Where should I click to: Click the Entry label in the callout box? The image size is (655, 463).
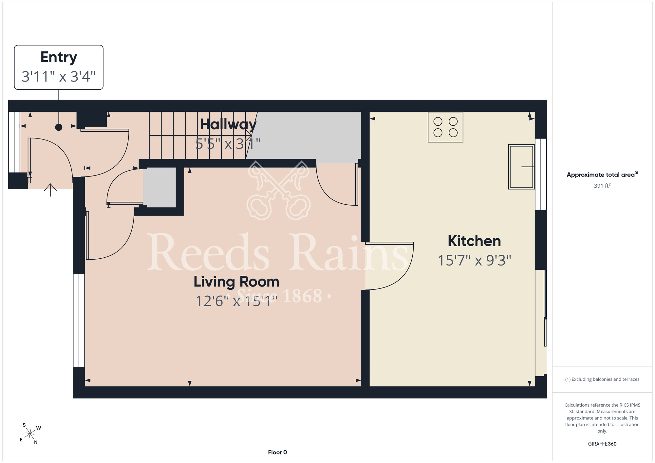click(59, 57)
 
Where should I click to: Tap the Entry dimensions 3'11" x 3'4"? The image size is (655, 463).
click(59, 77)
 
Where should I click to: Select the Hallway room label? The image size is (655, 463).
click(228, 124)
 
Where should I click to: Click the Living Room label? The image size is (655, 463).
click(236, 282)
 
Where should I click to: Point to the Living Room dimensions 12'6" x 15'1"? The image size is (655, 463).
click(236, 301)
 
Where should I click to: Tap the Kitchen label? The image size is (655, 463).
click(474, 241)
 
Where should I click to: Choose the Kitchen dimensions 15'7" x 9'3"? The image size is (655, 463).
click(474, 260)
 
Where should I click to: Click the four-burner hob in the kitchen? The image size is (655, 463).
click(445, 127)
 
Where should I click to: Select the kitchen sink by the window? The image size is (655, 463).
click(521, 167)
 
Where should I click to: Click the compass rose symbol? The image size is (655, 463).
click(30, 434)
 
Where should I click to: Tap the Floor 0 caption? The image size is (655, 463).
click(277, 452)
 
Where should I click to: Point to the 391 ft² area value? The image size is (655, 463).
click(602, 186)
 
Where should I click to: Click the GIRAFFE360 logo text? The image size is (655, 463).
click(602, 444)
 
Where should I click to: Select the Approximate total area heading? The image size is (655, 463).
click(602, 175)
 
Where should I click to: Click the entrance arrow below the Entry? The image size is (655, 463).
click(50, 190)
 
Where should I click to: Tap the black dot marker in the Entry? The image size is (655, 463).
click(59, 127)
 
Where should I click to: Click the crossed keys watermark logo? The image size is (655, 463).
click(279, 190)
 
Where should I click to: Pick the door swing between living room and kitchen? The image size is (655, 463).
click(390, 266)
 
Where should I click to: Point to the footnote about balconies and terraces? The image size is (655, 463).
click(602, 379)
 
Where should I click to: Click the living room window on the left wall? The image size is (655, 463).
click(79, 320)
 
